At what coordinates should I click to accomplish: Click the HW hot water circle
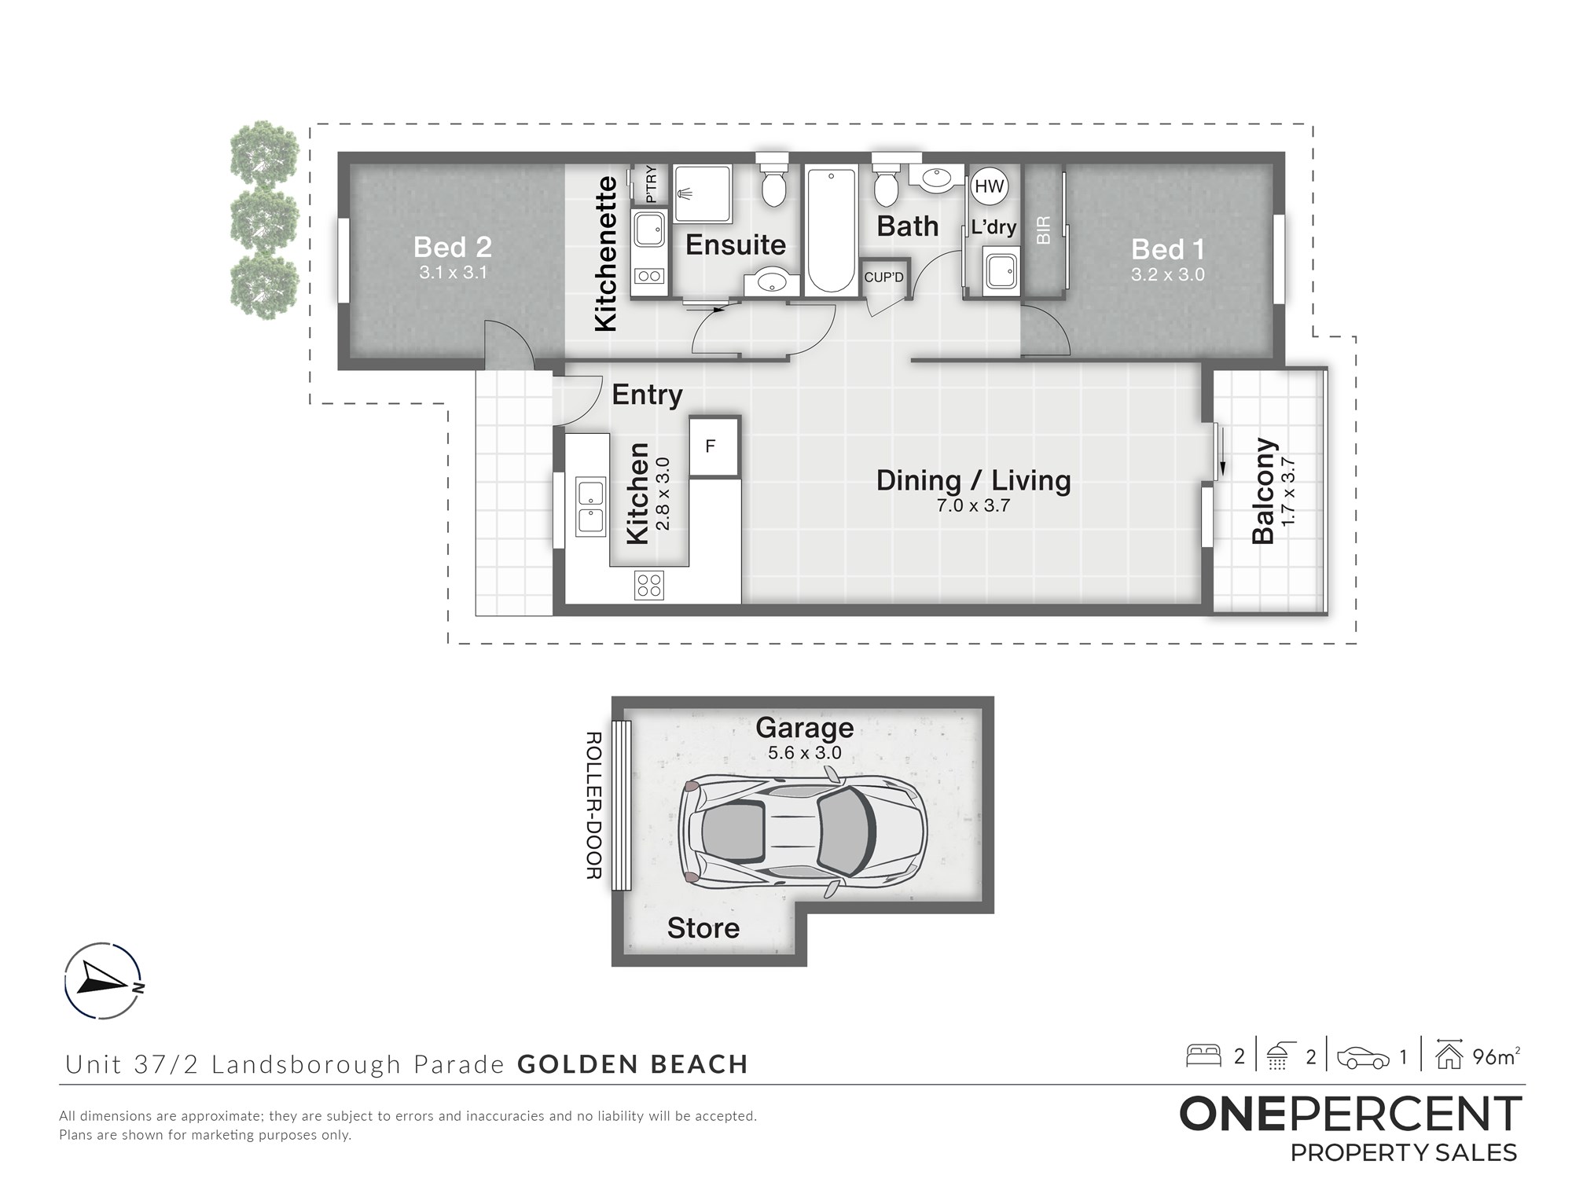tap(990, 186)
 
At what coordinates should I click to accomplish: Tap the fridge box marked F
tap(714, 446)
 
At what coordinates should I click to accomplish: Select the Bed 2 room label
tap(453, 247)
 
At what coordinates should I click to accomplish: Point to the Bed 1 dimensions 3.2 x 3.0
tap(1168, 274)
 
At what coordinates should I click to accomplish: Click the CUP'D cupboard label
tap(884, 277)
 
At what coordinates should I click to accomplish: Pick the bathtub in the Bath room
tap(830, 230)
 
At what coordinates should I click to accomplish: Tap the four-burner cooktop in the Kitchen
tap(649, 585)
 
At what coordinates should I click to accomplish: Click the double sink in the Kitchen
tap(590, 506)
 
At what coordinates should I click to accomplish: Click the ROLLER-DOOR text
tap(594, 806)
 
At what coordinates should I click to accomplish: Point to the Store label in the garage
tap(703, 928)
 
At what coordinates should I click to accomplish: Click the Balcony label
tap(1263, 491)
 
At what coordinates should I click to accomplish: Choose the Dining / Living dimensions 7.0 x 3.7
tap(973, 505)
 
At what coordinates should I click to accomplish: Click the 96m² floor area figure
tap(1497, 1057)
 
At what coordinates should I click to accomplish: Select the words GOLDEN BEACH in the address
tap(633, 1064)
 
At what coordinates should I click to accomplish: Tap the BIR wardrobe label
tap(1044, 230)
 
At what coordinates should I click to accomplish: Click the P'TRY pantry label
tap(650, 185)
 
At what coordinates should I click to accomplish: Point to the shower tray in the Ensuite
tap(703, 193)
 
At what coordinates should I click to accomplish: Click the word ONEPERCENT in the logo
tap(1350, 1114)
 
